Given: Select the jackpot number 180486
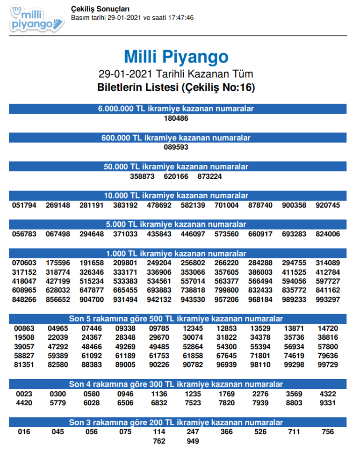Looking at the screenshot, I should (x=176, y=118).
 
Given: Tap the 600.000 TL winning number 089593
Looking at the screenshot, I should (x=176, y=147).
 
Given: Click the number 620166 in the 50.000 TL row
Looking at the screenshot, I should (x=176, y=176).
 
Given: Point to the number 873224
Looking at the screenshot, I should (x=209, y=176).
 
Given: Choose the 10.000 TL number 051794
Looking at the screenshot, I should (x=24, y=205).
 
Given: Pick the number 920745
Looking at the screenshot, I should (x=328, y=205).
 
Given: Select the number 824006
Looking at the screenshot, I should (x=328, y=234).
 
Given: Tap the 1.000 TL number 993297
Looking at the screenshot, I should (x=328, y=299).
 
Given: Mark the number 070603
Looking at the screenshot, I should (x=24, y=263).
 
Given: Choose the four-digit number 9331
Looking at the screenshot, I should (x=328, y=403).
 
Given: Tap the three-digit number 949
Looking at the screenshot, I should (x=193, y=441).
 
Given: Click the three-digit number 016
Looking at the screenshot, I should (x=24, y=432).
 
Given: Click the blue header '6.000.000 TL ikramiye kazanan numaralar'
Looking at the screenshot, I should (x=176, y=109).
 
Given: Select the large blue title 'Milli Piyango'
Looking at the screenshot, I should (x=176, y=57).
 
